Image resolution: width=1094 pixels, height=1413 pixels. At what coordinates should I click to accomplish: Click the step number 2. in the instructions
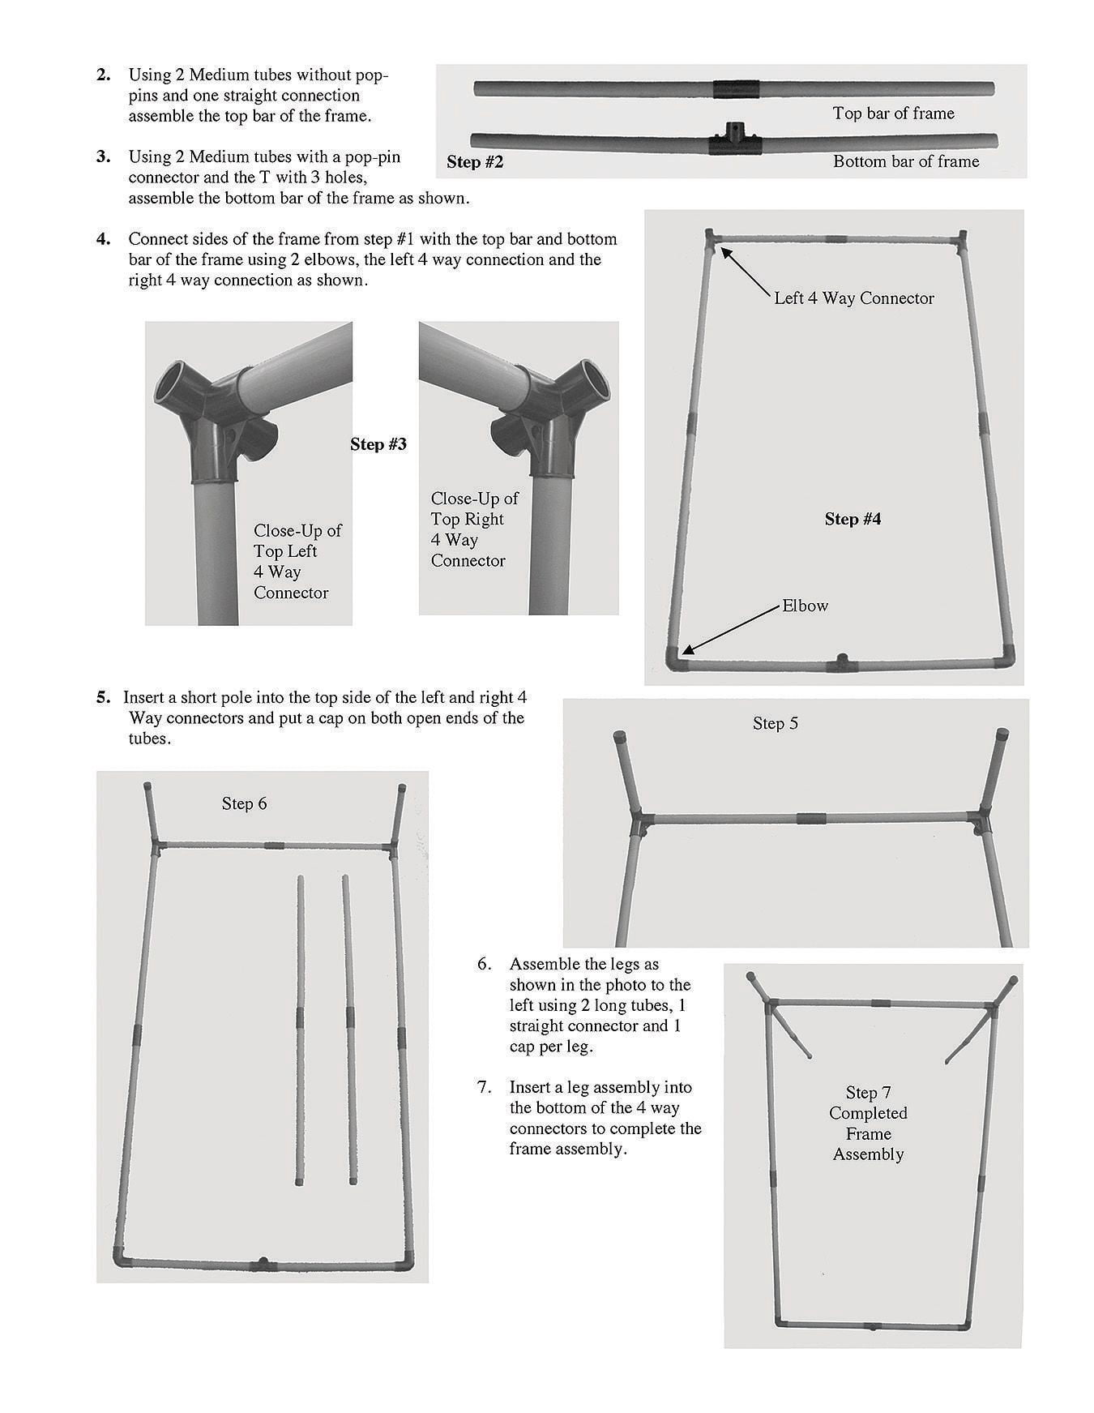[103, 75]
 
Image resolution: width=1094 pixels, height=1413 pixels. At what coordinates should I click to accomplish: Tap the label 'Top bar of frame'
[893, 113]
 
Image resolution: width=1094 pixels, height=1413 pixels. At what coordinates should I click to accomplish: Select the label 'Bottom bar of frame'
[905, 161]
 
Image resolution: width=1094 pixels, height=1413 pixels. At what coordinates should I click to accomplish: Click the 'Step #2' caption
[475, 162]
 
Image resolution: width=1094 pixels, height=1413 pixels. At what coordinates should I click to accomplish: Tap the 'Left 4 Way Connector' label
[853, 298]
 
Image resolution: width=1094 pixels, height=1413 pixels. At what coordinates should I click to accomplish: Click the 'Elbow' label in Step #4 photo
[805, 606]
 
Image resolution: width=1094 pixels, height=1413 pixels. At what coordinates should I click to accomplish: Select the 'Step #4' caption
[853, 519]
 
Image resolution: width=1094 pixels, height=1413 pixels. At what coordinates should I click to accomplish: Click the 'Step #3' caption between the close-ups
[378, 444]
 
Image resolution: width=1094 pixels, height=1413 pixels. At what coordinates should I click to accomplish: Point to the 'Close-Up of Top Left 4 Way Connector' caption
[297, 561]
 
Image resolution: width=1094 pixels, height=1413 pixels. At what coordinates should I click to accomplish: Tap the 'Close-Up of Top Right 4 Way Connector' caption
[473, 529]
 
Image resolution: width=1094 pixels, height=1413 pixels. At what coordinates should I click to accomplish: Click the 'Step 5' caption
[775, 723]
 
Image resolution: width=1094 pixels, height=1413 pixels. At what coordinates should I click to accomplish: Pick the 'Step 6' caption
[244, 803]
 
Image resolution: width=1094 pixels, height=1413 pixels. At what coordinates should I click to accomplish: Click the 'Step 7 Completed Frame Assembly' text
[868, 1123]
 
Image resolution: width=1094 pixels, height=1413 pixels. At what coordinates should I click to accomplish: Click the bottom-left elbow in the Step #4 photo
[675, 658]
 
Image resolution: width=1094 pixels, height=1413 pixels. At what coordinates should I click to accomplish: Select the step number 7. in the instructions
[484, 1087]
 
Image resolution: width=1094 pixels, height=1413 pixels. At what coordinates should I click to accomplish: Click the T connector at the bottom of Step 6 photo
[262, 1264]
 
